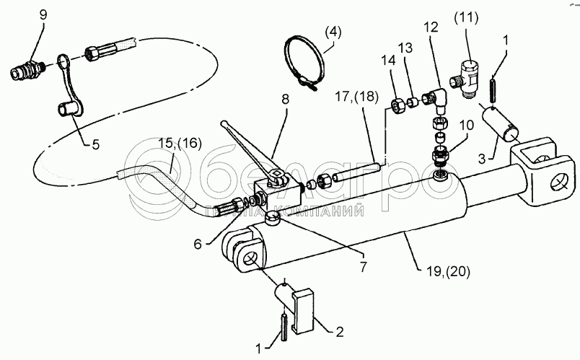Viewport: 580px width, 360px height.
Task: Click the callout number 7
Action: pos(363,266)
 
